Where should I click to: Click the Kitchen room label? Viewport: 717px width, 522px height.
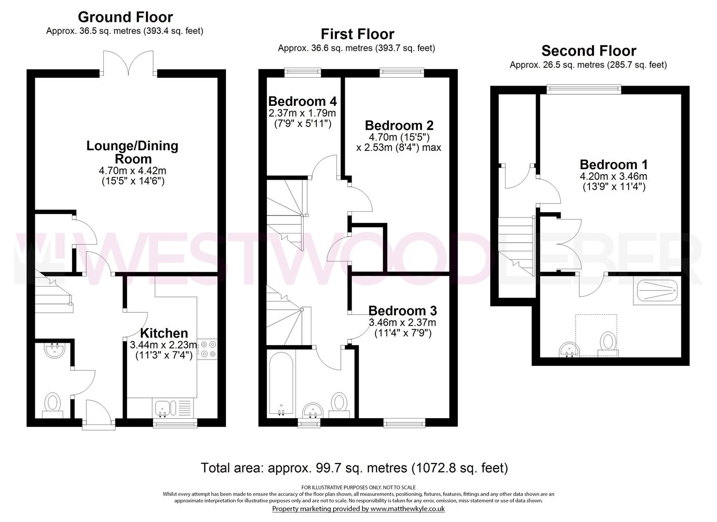click(164, 333)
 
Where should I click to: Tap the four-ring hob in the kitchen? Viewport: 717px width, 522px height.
click(208, 349)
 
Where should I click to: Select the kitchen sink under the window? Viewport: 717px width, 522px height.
click(166, 408)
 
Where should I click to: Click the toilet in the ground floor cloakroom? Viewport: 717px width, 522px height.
click(53, 406)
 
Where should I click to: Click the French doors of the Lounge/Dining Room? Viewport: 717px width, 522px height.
click(129, 63)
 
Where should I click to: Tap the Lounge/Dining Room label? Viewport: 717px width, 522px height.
click(132, 152)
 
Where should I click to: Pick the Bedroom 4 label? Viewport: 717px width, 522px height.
click(302, 101)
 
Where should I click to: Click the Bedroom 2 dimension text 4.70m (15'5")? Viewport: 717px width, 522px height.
click(399, 137)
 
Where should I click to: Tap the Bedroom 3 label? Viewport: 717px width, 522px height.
click(403, 310)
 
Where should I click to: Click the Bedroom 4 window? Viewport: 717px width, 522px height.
click(303, 72)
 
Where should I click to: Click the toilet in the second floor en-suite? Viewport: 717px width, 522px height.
click(608, 344)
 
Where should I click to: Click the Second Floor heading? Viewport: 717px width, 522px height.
click(589, 51)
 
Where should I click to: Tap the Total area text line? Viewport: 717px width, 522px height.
click(354, 468)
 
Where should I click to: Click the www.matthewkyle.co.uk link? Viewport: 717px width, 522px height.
click(408, 508)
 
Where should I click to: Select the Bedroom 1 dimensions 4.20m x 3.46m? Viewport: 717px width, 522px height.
click(614, 176)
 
